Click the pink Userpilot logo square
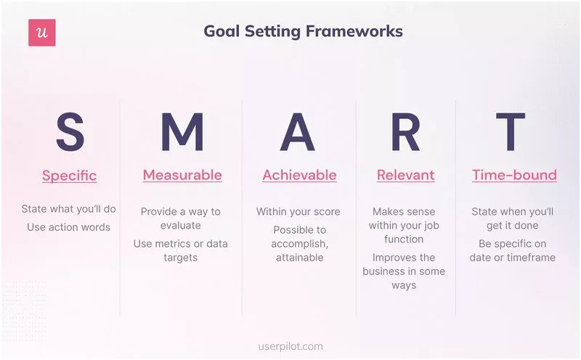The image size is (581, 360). click(42, 33)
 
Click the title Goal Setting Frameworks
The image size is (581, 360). click(303, 32)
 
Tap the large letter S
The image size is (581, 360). click(70, 133)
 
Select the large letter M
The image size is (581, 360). click(182, 133)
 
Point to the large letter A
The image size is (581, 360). click(298, 133)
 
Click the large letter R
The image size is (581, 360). click(405, 133)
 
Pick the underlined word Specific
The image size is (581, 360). click(69, 176)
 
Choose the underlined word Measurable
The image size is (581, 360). click(182, 175)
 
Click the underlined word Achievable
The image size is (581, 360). click(299, 175)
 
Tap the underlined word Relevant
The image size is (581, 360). click(405, 175)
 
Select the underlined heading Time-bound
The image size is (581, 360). click(514, 175)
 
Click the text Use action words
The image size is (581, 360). click(69, 227)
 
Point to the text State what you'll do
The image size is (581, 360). click(69, 210)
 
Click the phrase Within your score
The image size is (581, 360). click(298, 212)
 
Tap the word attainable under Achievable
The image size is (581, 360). click(299, 258)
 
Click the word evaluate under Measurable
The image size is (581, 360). click(181, 226)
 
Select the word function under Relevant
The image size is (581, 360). click(404, 239)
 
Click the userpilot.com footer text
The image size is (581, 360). click(291, 347)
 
